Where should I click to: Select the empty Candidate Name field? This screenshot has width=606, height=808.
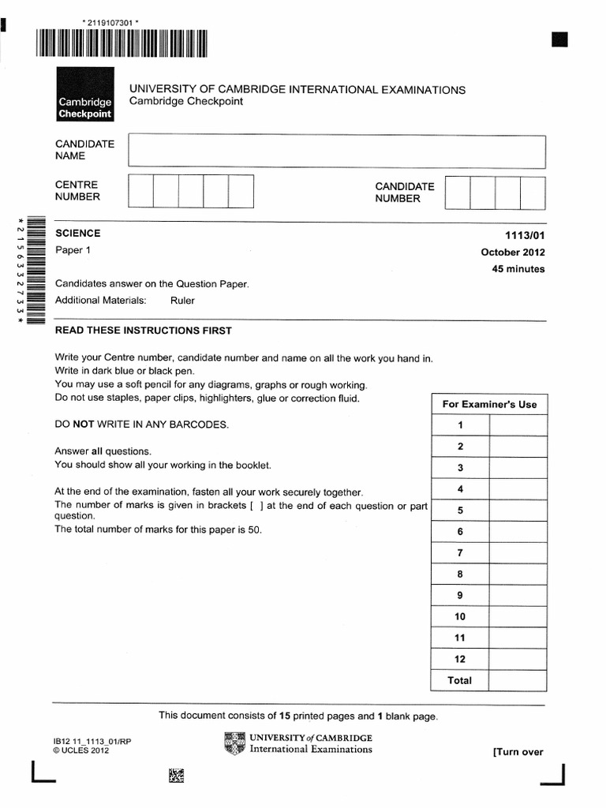(338, 151)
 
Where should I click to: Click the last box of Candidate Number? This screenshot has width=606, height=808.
(533, 193)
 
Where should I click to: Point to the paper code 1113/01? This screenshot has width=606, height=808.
(526, 234)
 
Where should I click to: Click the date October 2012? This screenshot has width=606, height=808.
(513, 252)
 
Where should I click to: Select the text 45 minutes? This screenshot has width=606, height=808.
(518, 269)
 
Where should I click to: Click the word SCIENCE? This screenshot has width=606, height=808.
(77, 234)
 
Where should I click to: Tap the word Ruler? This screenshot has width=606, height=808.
(181, 301)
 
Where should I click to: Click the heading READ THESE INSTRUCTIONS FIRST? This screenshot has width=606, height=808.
(143, 331)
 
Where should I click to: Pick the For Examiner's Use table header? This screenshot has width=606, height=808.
(488, 404)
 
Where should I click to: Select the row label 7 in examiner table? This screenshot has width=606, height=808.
(460, 553)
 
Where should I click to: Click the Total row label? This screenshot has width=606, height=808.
(460, 680)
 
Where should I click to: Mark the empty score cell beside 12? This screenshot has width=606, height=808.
(518, 659)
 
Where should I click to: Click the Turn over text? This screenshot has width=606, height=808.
(518, 752)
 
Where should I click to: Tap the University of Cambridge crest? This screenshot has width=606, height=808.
(234, 743)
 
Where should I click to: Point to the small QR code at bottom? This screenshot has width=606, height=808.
(177, 776)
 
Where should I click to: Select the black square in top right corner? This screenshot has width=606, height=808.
(559, 40)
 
